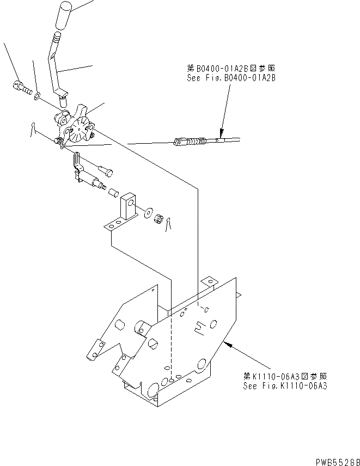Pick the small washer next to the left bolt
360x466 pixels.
point(37,96)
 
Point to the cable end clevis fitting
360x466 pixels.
point(182,143)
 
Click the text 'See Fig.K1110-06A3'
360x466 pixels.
point(285,385)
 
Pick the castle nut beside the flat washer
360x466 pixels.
point(160,220)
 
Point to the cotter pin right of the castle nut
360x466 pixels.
point(170,223)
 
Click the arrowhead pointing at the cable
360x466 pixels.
point(221,133)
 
